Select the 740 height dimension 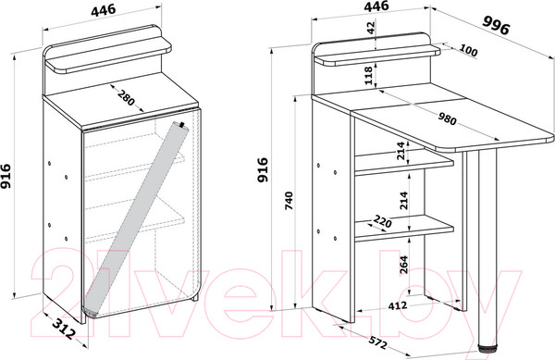(290, 201)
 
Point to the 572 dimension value (378, 342)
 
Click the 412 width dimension (398, 305)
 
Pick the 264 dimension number (403, 264)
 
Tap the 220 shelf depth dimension (382, 222)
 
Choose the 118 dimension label (368, 75)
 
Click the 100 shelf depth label (468, 51)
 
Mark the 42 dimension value (371, 28)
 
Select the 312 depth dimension (64, 329)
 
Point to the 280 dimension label (127, 98)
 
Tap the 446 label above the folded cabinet (104, 10)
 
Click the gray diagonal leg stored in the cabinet (136, 218)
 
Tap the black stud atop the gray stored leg (182, 125)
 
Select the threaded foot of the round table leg (487, 348)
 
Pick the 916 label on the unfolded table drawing (263, 170)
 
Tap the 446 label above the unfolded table (376, 6)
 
